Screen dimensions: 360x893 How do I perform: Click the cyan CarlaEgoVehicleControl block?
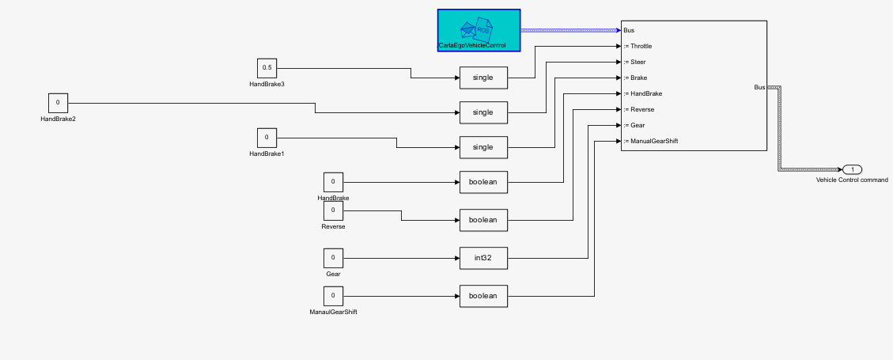coord(479,30)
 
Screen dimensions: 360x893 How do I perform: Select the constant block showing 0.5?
coord(267,68)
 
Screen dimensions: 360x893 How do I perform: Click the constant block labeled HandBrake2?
coord(58,103)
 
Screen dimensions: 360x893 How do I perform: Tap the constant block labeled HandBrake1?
coord(267,138)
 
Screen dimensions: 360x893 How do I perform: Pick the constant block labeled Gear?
coord(333,258)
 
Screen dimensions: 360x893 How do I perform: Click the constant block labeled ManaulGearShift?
coord(333,296)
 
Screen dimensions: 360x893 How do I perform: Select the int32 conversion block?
coord(483,258)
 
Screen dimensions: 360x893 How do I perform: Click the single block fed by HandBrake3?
coord(483,78)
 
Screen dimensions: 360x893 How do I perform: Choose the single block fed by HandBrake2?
coord(483,112)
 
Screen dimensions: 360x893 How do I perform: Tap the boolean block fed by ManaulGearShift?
coord(483,296)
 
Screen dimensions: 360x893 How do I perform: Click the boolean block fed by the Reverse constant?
coord(483,220)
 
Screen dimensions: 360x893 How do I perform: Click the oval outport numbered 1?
coord(852,169)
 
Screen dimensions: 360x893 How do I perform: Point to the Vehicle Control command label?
coord(852,180)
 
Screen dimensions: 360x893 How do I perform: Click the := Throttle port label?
coord(638,46)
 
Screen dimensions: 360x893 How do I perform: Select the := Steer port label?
coord(635,62)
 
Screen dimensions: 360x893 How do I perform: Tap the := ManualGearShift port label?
coord(650,141)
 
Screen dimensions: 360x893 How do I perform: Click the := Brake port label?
coord(636,78)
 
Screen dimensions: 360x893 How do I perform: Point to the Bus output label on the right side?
coord(759,87)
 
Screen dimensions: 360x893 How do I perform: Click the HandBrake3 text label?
coord(267,84)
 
